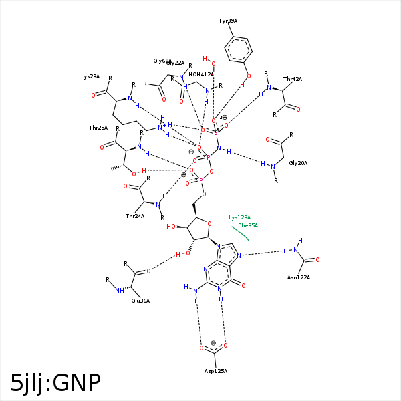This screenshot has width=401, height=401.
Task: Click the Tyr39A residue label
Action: (228, 21)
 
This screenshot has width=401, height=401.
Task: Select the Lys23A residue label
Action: (90, 76)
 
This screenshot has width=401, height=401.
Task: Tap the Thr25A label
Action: (98, 127)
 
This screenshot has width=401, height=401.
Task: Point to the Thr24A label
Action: (135, 216)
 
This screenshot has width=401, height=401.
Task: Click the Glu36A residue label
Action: (140, 301)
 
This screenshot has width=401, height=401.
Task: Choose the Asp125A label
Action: (216, 371)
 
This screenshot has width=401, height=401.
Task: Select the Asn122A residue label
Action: (299, 277)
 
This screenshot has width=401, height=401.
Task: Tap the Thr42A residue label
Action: (293, 79)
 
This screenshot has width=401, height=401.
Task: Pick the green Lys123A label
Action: (239, 217)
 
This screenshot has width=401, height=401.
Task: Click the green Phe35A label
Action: (248, 225)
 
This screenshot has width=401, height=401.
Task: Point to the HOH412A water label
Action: (202, 74)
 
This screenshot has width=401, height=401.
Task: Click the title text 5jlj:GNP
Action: (55, 382)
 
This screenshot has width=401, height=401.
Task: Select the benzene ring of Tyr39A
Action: (238, 48)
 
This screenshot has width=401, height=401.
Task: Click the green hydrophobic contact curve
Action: (241, 234)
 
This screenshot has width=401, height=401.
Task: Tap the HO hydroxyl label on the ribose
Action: (172, 227)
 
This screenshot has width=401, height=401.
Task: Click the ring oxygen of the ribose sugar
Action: (209, 224)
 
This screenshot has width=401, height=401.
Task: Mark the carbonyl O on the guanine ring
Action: (243, 285)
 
